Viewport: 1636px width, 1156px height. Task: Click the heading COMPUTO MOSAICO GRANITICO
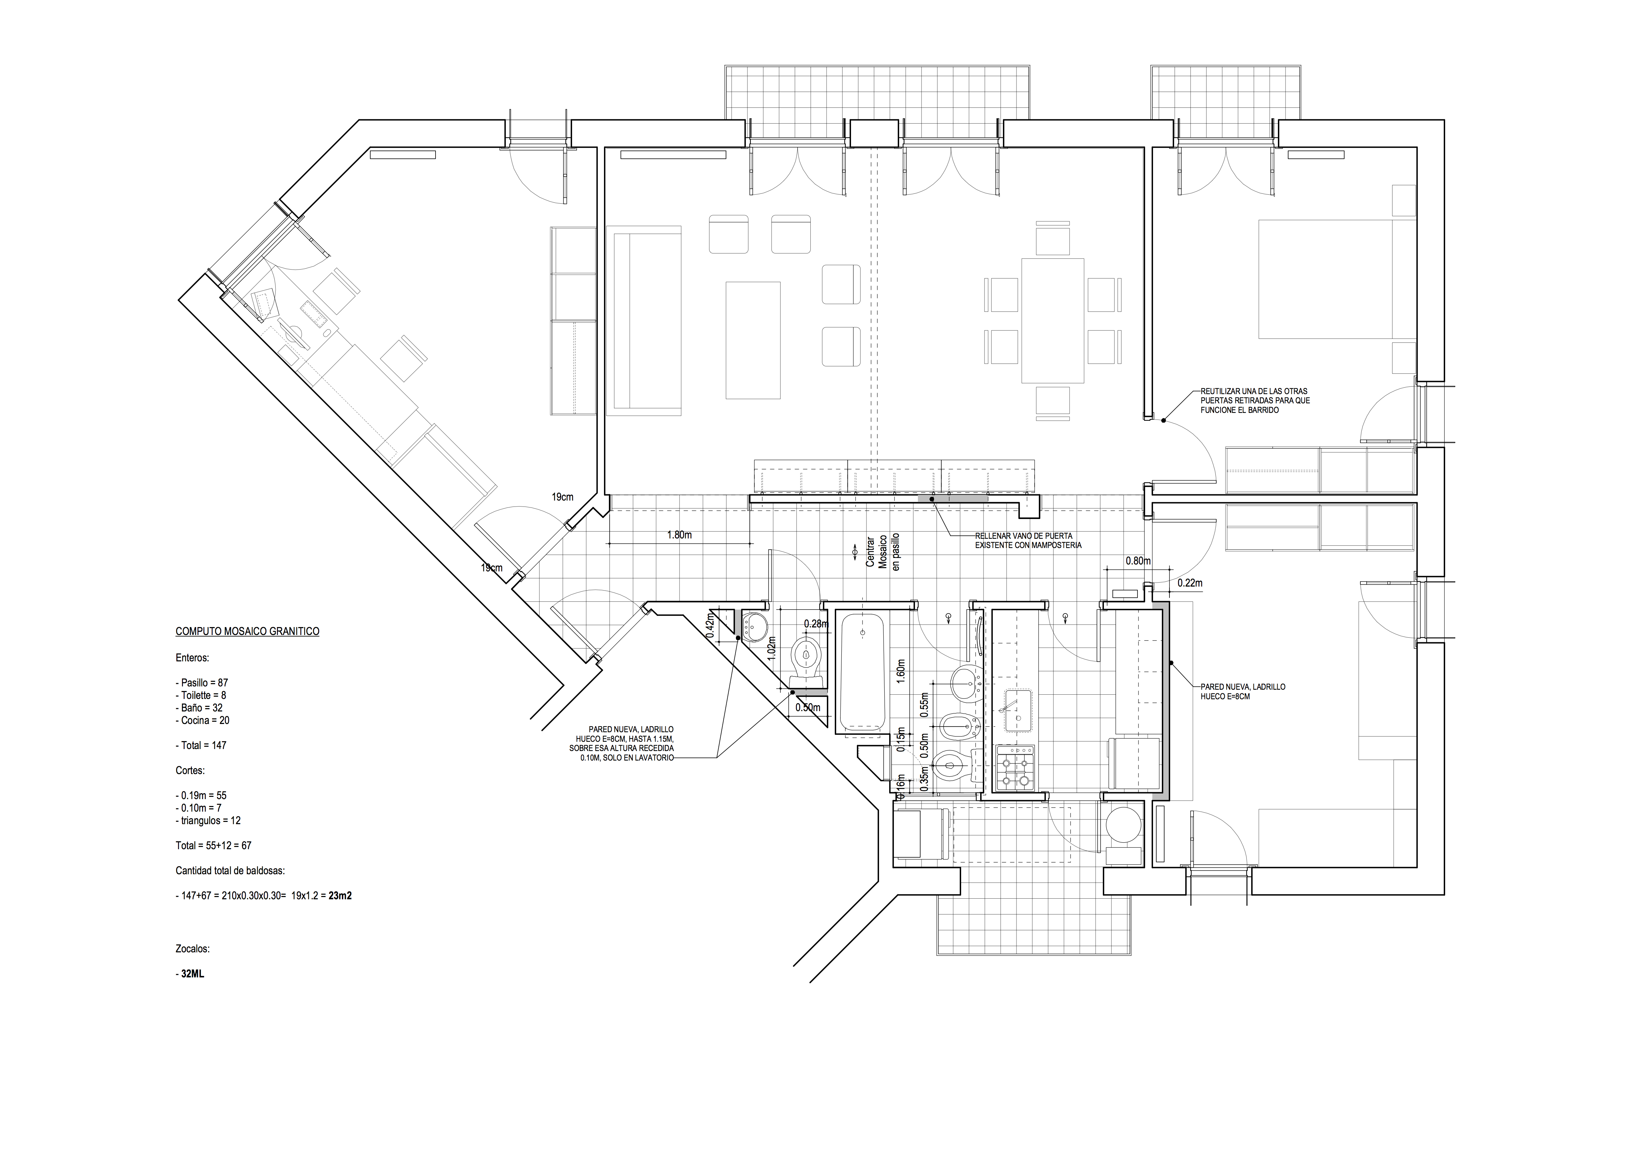point(247,632)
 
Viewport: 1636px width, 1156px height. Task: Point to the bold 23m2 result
point(340,896)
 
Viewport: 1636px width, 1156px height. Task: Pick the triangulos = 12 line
point(208,821)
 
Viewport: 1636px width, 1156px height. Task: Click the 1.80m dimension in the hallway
point(679,535)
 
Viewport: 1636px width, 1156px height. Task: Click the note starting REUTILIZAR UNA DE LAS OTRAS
point(1255,401)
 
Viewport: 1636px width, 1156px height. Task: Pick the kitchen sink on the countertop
point(1017,710)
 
